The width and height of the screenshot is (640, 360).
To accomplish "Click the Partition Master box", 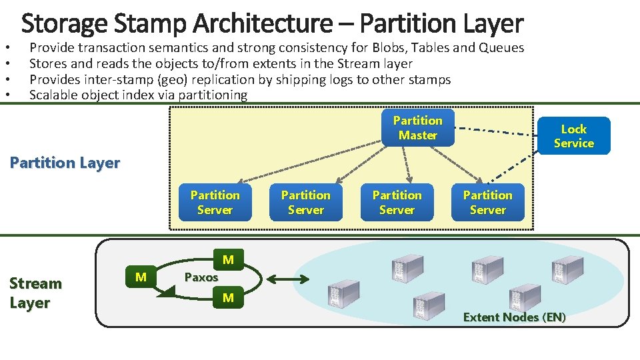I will tap(417, 128).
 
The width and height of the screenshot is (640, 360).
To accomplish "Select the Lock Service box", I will tap(573, 136).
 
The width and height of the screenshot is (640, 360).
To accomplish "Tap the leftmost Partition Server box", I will tap(215, 203).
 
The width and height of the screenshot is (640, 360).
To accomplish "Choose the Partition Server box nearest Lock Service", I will tap(487, 203).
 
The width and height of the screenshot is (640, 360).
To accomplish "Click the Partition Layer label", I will tap(65, 163).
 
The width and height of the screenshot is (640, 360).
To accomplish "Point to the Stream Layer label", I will tap(35, 293).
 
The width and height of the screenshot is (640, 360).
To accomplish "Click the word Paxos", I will tap(201, 277).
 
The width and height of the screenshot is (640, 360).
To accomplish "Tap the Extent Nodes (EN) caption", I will tap(514, 317).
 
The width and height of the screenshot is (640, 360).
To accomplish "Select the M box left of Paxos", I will tap(141, 277).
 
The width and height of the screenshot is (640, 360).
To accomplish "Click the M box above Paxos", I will tap(228, 259).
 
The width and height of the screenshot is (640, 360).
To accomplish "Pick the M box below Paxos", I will tap(228, 298).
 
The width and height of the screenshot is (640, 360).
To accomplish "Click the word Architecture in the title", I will tap(274, 23).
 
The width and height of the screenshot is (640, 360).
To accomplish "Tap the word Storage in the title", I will tap(63, 23).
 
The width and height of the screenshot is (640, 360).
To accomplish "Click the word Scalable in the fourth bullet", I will tap(53, 95).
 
